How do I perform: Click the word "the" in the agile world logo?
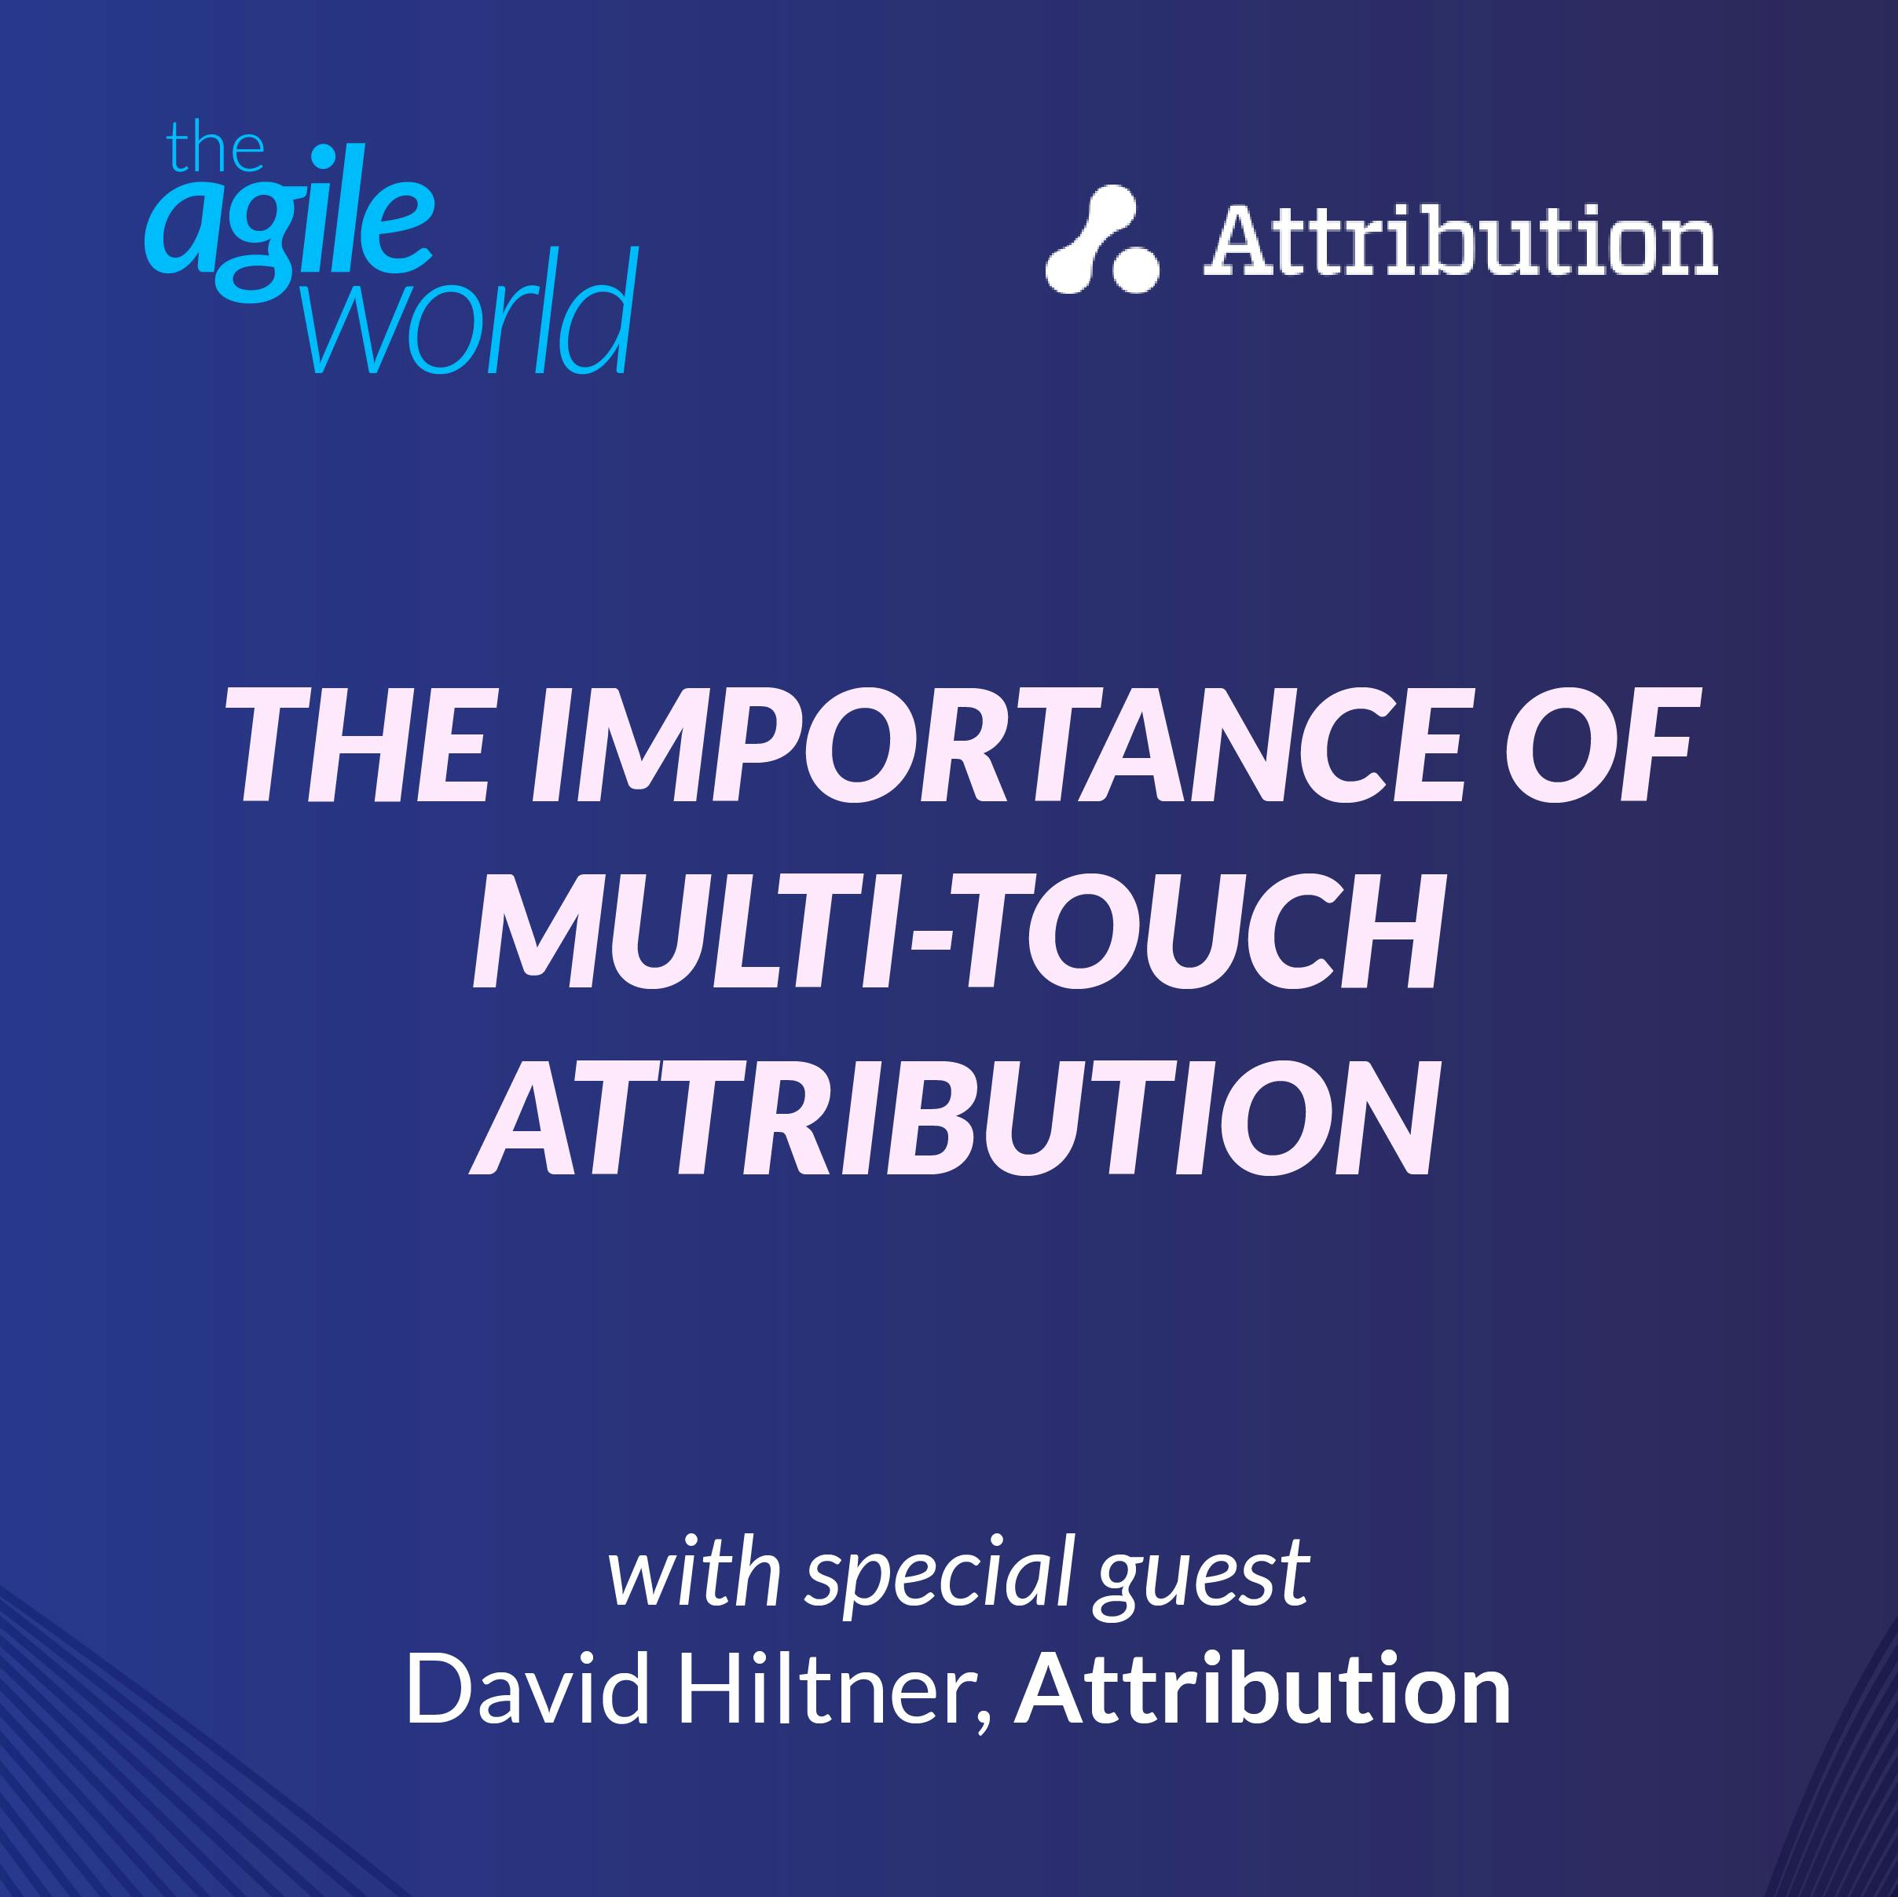[215, 149]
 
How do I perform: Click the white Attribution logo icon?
[1101, 240]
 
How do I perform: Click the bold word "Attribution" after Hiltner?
[1262, 1688]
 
